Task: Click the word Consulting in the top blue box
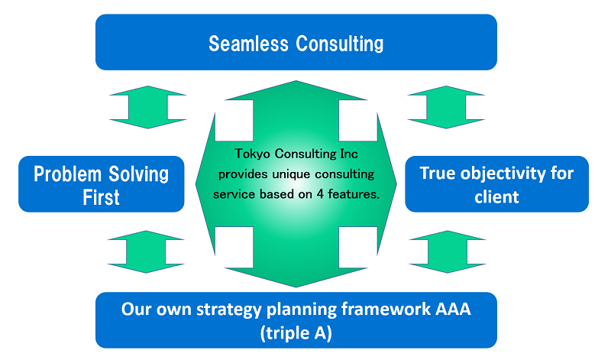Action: tap(341, 44)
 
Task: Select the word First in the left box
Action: tap(101, 197)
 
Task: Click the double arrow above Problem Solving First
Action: tap(147, 107)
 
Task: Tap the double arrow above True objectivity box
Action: tap(447, 107)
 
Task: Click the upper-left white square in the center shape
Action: tap(234, 121)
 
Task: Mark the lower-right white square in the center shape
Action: tap(357, 247)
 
